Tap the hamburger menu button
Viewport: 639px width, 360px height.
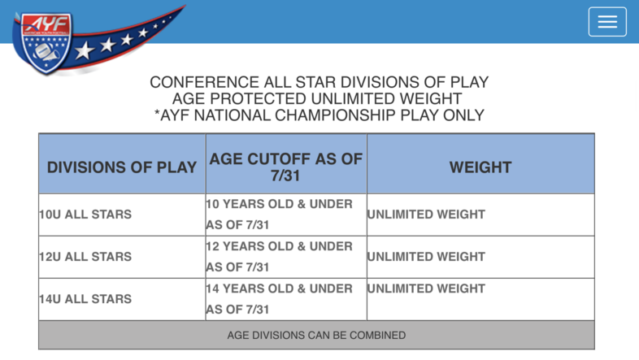click(607, 22)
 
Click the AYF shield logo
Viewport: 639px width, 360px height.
click(45, 43)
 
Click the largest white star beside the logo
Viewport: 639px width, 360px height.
click(85, 50)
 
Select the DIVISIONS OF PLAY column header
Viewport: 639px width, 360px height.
click(122, 167)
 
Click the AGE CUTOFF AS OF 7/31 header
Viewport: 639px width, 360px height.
click(285, 167)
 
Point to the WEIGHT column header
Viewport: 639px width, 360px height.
click(480, 167)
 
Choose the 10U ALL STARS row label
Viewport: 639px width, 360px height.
click(85, 215)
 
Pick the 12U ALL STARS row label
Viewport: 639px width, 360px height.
click(85, 257)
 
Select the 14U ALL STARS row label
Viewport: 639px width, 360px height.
click(85, 299)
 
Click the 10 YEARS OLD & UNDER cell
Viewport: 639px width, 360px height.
click(279, 215)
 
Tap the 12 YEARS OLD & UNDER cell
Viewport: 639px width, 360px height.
click(279, 257)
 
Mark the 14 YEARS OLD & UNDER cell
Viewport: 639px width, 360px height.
click(279, 299)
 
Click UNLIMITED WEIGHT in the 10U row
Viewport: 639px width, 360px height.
click(426, 215)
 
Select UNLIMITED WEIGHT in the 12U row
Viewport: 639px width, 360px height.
click(426, 257)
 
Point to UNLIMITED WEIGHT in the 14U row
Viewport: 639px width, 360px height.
click(426, 288)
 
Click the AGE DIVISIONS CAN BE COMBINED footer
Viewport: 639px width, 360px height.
click(316, 335)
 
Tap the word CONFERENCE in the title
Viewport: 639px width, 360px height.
click(204, 82)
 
